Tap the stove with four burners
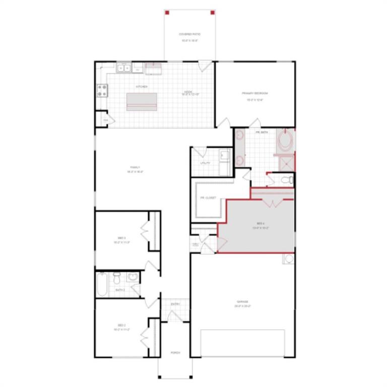[x=102, y=90]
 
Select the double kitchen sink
[x=123, y=68]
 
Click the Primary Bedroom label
[x=255, y=94]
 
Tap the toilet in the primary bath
[x=287, y=179]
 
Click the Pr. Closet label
[x=208, y=198]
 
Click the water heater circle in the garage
[x=289, y=260]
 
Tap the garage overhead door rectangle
[x=243, y=343]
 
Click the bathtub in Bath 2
[x=101, y=284]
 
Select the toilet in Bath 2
[x=116, y=277]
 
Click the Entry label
[x=175, y=304]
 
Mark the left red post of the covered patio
[x=168, y=12]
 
